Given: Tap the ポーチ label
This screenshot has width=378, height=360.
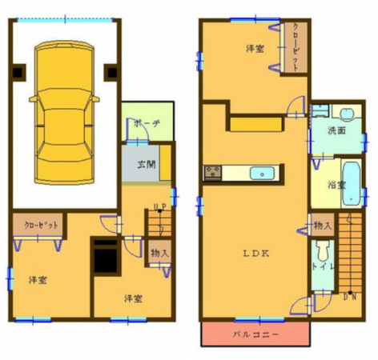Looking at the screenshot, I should click(147, 125).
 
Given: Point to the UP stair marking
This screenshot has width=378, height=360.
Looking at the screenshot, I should click(159, 206).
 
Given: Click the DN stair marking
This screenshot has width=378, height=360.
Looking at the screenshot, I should click(349, 298).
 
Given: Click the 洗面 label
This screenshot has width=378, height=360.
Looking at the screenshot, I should click(336, 131).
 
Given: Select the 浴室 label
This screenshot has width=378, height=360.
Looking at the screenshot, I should click(336, 185).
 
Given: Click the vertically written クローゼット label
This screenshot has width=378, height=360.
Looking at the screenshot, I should click(296, 48).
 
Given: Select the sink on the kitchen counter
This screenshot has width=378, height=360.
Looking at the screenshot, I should click(262, 173).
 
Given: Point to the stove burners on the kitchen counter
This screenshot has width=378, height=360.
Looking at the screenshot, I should click(213, 171).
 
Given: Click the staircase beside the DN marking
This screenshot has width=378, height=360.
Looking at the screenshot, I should click(349, 252).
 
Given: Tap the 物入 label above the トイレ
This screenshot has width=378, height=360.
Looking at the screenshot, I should click(322, 226).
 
